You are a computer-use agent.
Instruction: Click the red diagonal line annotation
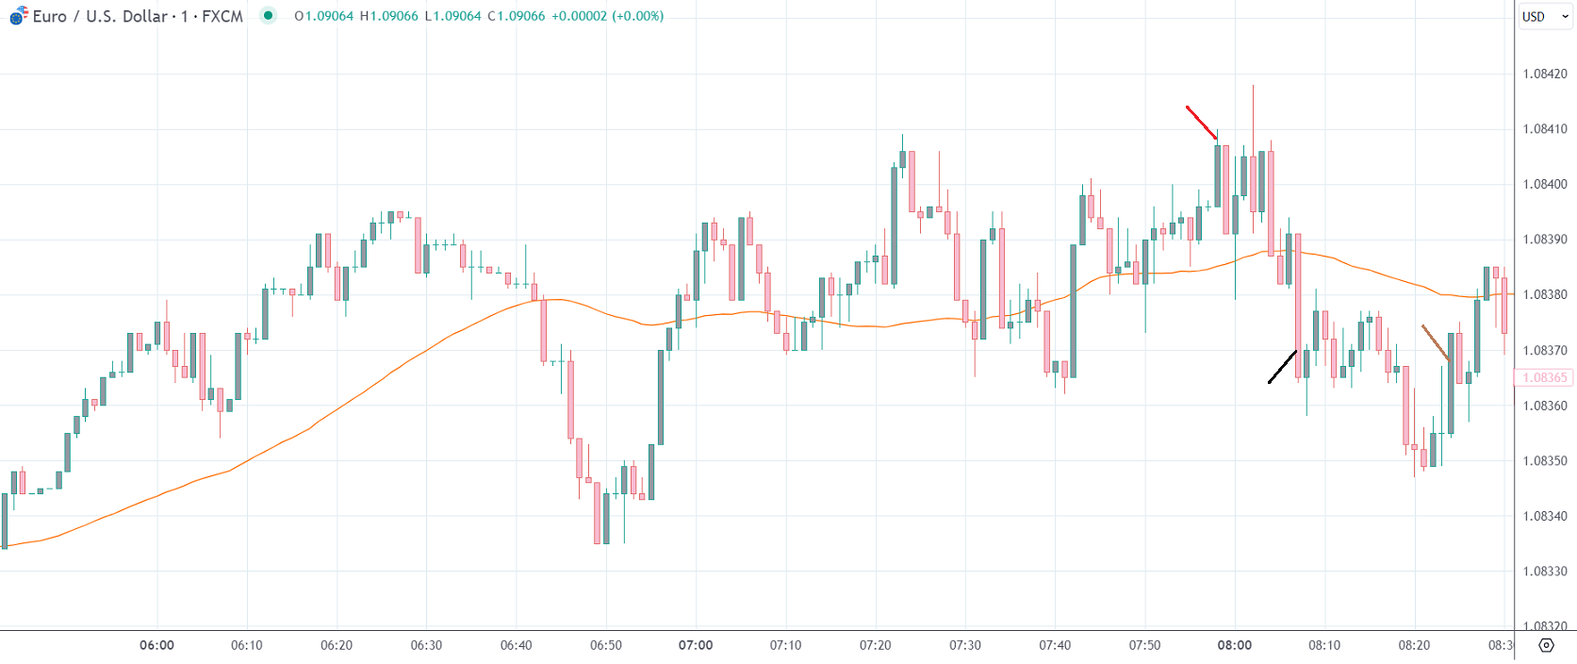point(1201,123)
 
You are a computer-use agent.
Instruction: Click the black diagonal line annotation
point(1282,367)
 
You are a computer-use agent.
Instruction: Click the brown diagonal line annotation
point(1436,343)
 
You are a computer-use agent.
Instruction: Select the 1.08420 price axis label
point(1545,74)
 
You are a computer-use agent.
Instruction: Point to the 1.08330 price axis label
point(1545,572)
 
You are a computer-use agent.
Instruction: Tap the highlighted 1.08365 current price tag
point(1544,377)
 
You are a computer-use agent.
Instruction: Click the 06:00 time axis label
point(156,645)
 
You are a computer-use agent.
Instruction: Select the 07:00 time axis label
point(696,645)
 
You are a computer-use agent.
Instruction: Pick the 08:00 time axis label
point(1234,645)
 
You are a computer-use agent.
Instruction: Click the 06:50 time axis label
point(606,645)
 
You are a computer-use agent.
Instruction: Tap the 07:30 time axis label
point(965,645)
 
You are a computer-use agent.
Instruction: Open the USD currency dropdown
point(1544,16)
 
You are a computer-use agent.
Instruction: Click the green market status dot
point(269,15)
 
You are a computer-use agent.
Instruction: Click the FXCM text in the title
point(222,16)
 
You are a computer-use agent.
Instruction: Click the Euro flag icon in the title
point(18,16)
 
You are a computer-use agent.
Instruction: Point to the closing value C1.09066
point(516,16)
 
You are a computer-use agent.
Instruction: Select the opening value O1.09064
point(323,16)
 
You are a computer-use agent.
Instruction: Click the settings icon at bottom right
point(1546,645)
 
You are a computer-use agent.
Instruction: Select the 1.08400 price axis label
point(1545,185)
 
